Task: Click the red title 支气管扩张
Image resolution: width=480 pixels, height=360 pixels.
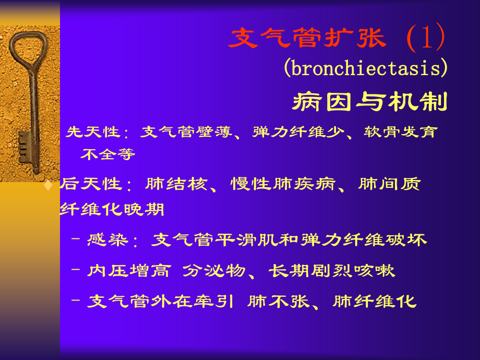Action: [x=307, y=38]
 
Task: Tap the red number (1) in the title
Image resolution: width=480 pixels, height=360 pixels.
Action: [x=426, y=37]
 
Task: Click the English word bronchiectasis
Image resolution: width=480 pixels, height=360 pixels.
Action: [x=366, y=68]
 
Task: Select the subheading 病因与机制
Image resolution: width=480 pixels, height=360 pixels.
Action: [x=370, y=101]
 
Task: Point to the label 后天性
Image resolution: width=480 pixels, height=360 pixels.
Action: [x=91, y=184]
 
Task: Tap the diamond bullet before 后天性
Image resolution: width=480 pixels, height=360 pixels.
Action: [x=48, y=185]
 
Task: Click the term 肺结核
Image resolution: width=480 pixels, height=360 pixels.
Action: [x=176, y=184]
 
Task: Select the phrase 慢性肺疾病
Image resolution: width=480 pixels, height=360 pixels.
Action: [x=283, y=184]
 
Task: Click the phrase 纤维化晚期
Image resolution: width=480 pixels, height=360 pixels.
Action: [x=112, y=209]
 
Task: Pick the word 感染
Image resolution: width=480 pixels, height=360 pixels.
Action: [x=107, y=239]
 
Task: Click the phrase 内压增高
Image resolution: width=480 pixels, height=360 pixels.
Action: [x=129, y=271]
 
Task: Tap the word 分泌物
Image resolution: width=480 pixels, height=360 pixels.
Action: [x=214, y=271]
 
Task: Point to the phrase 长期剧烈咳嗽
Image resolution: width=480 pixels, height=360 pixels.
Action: [x=331, y=271]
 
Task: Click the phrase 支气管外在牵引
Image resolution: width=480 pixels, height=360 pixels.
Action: [x=160, y=301]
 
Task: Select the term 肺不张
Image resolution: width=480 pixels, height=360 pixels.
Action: [x=278, y=301]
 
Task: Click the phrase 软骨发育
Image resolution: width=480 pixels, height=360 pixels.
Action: [x=400, y=132]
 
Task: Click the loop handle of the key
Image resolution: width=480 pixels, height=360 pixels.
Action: [x=29, y=51]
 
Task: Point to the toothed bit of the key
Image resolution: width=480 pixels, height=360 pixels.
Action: [x=25, y=147]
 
